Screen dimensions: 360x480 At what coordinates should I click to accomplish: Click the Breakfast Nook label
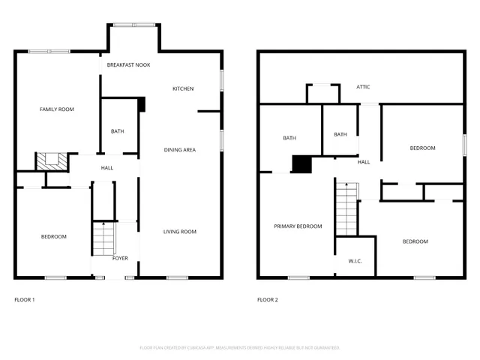point(128,65)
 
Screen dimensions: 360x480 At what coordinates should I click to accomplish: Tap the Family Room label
point(57,109)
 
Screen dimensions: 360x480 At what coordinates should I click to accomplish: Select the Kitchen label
point(183,88)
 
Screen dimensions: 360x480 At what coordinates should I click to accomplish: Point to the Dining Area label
point(180,150)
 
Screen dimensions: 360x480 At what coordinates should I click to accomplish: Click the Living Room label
point(180,232)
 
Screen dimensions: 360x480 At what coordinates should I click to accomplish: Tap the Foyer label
point(120,258)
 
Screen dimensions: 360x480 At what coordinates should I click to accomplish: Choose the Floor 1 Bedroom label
point(53,237)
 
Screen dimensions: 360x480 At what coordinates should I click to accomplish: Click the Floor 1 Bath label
point(118,131)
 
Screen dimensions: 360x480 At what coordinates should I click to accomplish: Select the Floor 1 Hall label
point(107,167)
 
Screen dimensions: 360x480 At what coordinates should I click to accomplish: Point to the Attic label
point(363,87)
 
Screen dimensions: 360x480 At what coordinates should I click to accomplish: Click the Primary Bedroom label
point(298,226)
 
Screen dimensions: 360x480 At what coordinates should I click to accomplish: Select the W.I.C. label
point(355,261)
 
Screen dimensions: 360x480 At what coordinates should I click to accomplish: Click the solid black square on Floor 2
point(301,164)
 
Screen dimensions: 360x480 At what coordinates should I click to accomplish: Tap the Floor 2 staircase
point(345,209)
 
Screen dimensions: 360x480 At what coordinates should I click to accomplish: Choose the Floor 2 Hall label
point(364,162)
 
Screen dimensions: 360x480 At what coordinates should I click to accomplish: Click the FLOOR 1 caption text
point(25,300)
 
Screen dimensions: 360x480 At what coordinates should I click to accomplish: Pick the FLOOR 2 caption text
point(268,300)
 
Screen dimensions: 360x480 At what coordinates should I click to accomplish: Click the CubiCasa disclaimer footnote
point(240,348)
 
